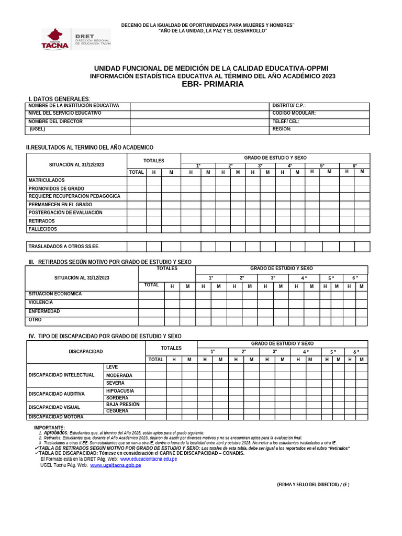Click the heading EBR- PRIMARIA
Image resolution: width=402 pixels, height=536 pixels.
click(x=213, y=84)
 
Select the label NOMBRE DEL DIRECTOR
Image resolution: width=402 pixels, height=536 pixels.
click(x=55, y=121)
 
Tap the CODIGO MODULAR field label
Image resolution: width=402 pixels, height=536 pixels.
click(x=294, y=113)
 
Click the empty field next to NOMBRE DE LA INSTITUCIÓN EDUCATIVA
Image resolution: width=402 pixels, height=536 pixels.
click(x=199, y=106)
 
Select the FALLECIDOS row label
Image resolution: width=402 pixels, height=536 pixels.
click(x=43, y=229)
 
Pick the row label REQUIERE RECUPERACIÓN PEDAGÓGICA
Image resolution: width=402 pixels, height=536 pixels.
click(x=74, y=196)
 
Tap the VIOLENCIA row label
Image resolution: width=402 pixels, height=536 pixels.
click(x=41, y=303)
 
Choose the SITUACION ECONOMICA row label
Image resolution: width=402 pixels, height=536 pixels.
click(x=55, y=294)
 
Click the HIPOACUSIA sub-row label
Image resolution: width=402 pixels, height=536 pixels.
click(x=120, y=391)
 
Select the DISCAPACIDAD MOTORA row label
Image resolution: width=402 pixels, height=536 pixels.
click(x=56, y=417)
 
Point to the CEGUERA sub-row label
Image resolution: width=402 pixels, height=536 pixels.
click(x=117, y=411)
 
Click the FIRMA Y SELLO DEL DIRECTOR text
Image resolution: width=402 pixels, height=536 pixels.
click(x=313, y=485)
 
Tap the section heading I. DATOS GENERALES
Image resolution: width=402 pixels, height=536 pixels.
click(x=59, y=99)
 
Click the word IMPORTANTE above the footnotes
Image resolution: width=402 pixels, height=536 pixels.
click(x=49, y=428)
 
